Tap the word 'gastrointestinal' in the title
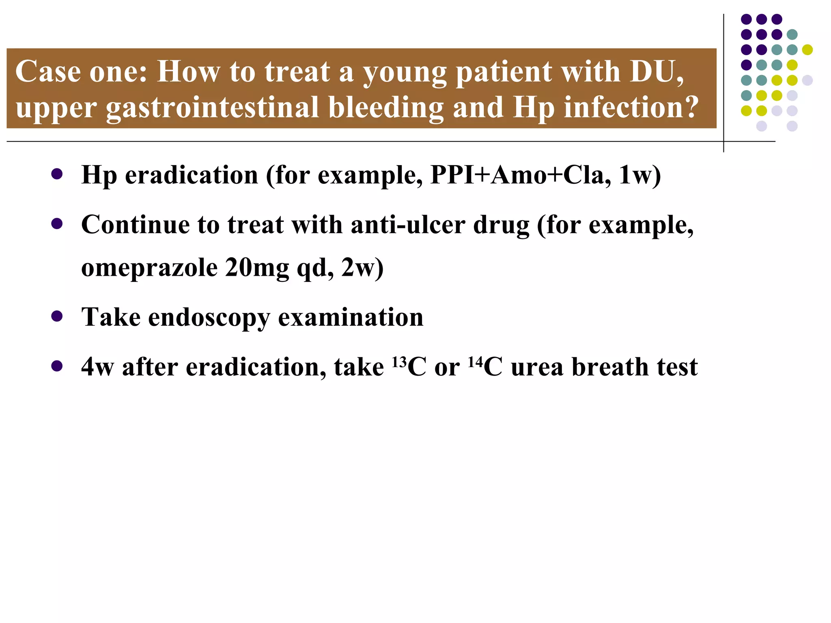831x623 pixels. (x=213, y=107)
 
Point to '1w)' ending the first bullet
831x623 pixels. (x=640, y=175)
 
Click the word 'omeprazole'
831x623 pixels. (x=149, y=268)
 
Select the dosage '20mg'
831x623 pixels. (x=257, y=267)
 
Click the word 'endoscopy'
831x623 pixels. (x=209, y=318)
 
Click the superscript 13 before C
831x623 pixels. (x=399, y=361)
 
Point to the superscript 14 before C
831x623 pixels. (x=475, y=361)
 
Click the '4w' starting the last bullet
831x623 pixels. (x=97, y=367)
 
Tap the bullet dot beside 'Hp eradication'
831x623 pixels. (x=57, y=174)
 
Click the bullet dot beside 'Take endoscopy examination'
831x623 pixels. (x=57, y=316)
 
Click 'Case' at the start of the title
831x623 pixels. (x=48, y=72)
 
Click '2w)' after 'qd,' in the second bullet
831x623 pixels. (x=362, y=267)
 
